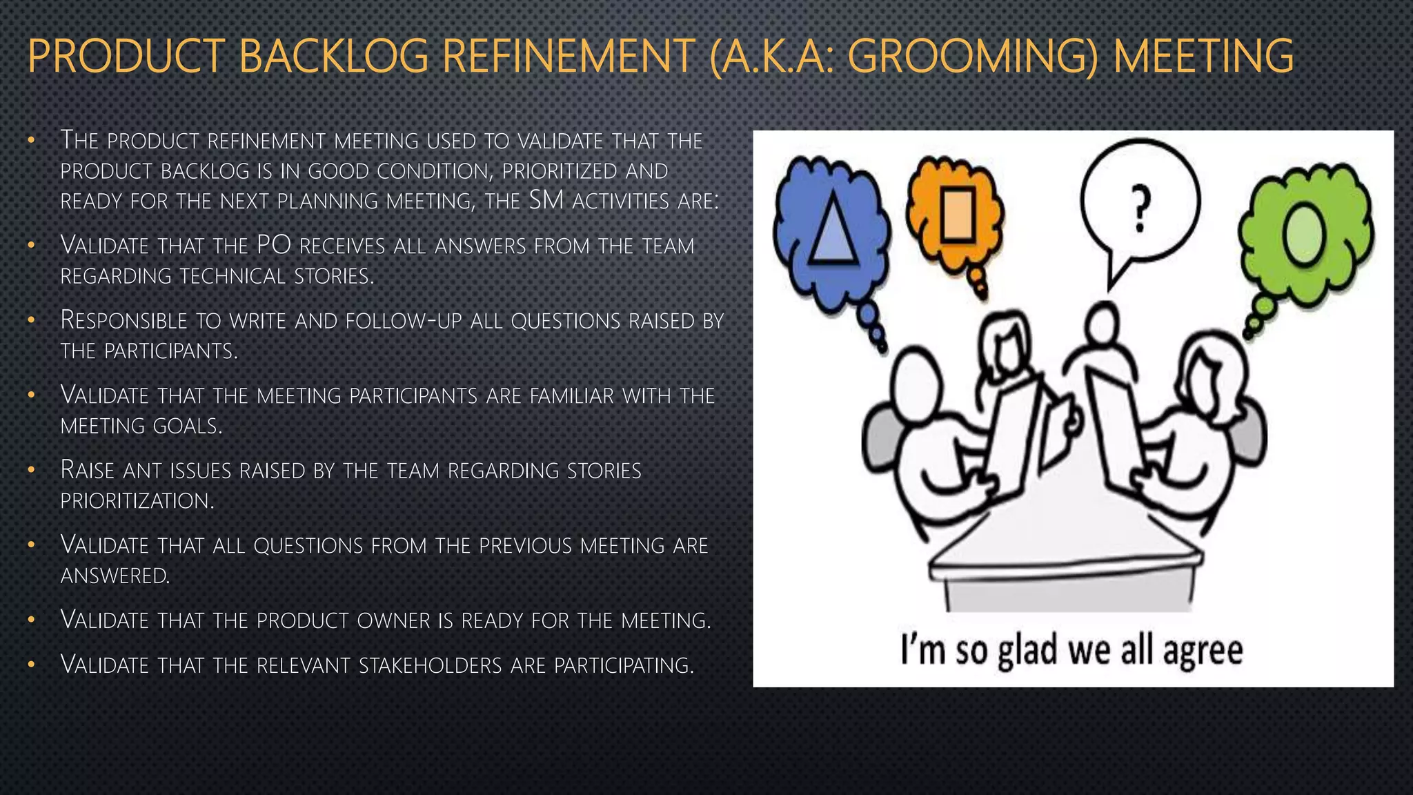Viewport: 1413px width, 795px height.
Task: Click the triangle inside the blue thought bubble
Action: (x=833, y=228)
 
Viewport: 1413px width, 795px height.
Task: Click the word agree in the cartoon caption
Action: (x=1203, y=651)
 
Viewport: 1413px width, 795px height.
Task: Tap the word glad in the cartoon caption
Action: (x=1027, y=651)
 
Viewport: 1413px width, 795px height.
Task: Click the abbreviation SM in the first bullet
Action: (x=546, y=200)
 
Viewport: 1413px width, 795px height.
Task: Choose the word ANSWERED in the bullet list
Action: (x=115, y=575)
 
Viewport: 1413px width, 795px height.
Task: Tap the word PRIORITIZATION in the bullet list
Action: (x=137, y=500)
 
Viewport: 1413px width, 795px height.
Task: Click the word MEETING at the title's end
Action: (x=1203, y=57)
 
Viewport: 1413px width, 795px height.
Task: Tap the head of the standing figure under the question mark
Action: (x=1102, y=322)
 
